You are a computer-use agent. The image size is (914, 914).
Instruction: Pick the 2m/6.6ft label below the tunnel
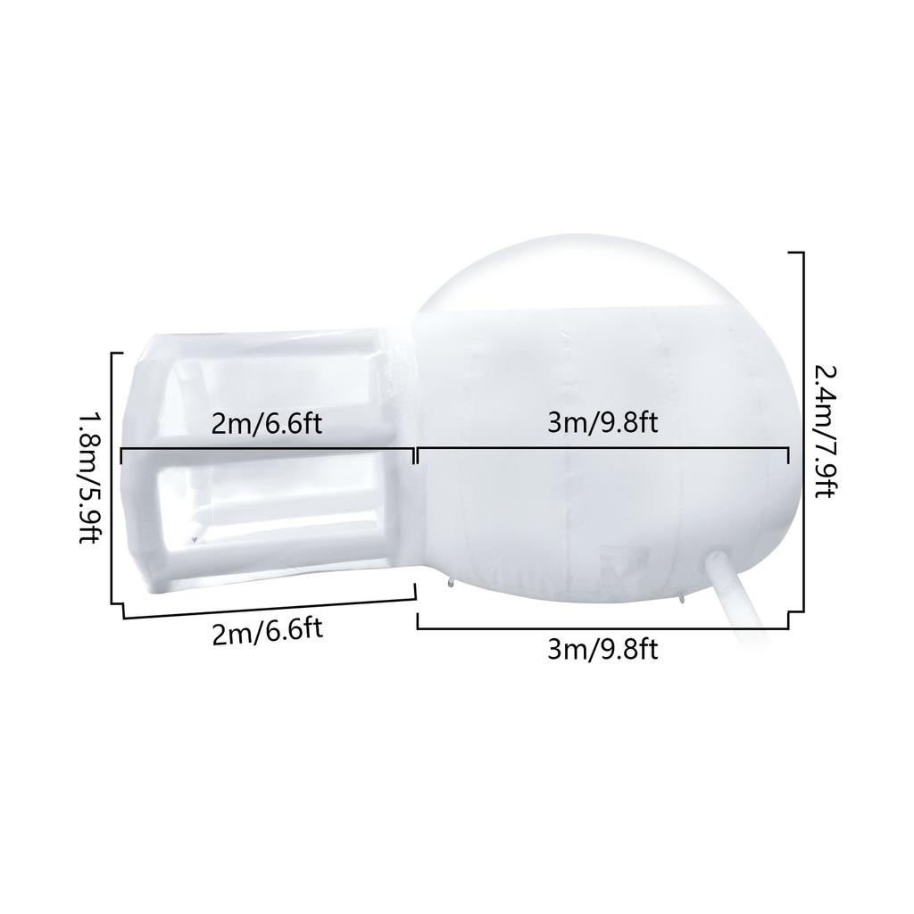267,632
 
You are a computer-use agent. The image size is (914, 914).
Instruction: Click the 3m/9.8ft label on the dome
602,422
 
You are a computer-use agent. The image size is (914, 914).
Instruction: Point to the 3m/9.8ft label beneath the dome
602,650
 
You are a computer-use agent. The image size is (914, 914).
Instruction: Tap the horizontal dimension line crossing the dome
602,453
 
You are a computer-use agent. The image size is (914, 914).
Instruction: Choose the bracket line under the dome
602,628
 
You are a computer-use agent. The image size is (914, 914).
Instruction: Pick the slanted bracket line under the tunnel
268,609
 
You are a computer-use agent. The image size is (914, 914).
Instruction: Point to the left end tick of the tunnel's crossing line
120,456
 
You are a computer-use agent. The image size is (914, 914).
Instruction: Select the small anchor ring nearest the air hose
683,599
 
